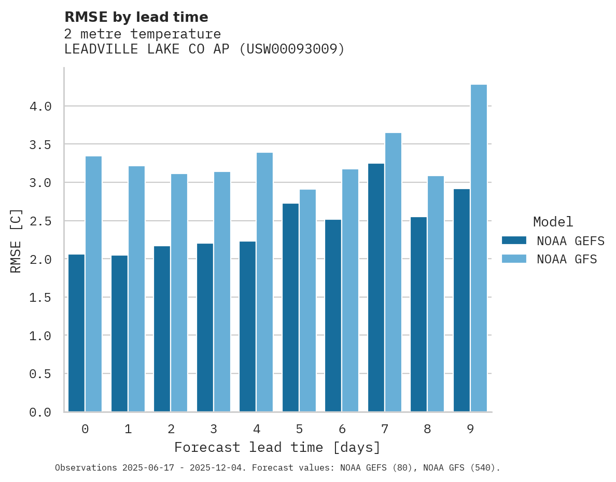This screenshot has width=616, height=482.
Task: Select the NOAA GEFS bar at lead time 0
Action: [x=76, y=333]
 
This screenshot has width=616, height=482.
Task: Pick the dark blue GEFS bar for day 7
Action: [x=376, y=288]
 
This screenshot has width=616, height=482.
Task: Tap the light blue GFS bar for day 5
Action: [x=307, y=301]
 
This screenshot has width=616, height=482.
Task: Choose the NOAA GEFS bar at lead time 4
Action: [x=247, y=327]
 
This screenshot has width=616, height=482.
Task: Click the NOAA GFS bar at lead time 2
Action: [x=179, y=293]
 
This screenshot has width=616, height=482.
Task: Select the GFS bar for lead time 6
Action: [x=350, y=290]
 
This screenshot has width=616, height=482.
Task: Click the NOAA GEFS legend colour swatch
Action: [x=514, y=240]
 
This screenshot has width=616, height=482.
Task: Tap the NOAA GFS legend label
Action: [x=567, y=259]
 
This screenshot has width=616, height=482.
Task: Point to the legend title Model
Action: [x=553, y=222]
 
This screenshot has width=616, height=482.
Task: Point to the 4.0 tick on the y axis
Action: [x=40, y=106]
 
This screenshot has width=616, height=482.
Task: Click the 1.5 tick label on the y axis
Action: [x=40, y=298]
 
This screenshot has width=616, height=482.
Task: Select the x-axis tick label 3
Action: [x=214, y=429]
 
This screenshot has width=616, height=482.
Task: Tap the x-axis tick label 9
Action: [x=470, y=429]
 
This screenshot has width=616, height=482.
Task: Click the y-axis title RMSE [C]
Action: [x=16, y=240]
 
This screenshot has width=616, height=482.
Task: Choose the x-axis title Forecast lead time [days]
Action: [x=277, y=447]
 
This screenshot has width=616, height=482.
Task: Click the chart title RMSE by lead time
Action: [x=136, y=17]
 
